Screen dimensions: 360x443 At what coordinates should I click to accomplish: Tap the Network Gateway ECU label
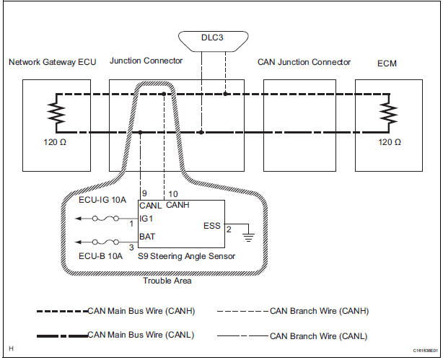(x=51, y=63)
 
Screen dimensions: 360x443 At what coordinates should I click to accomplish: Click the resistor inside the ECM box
(x=389, y=113)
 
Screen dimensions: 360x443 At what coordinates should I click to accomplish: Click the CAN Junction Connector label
(x=304, y=63)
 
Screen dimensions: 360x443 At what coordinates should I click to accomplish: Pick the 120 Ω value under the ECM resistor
(x=389, y=144)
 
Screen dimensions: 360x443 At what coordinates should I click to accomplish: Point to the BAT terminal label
(x=147, y=236)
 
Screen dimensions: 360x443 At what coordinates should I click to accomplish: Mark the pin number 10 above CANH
(x=172, y=194)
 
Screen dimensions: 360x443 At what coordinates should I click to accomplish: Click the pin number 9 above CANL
(x=144, y=194)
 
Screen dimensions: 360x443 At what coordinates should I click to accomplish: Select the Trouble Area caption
(x=168, y=281)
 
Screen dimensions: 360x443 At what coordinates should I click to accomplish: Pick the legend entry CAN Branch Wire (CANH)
(x=318, y=311)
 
